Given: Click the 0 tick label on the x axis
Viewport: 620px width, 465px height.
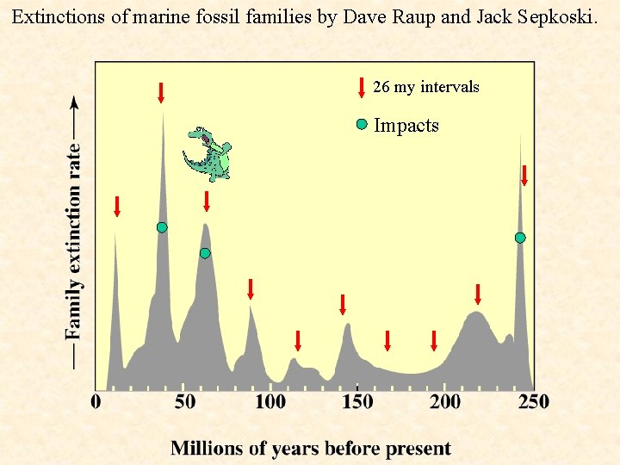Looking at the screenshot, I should point(96,402).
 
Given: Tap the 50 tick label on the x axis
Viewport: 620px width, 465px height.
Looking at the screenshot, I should point(184,402).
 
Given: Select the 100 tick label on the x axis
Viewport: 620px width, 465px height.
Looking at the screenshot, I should point(270,402).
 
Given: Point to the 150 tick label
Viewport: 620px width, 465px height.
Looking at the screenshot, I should point(357,402).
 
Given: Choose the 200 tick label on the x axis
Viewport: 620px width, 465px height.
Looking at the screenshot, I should point(445,402).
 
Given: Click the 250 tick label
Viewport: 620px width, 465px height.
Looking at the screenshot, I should point(532,402).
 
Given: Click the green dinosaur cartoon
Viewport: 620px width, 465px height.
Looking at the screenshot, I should point(208,154).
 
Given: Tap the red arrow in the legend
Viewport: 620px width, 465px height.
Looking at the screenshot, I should point(361,87).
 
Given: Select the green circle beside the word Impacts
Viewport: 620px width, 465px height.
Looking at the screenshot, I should point(362,125).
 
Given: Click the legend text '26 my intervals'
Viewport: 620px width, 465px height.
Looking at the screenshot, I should point(426,87).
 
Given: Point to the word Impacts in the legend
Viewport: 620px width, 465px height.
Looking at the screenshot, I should point(406,126).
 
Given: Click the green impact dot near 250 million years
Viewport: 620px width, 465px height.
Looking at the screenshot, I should point(520,238).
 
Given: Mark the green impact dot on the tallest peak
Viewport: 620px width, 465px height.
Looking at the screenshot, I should point(162,227).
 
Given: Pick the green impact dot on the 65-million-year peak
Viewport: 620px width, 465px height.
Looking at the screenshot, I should point(205,253).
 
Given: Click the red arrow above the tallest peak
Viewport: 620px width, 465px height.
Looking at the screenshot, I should point(161,92).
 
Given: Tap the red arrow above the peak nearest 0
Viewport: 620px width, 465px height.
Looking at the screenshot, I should point(117,206).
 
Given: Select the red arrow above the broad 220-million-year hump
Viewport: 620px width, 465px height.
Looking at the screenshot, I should point(478,294).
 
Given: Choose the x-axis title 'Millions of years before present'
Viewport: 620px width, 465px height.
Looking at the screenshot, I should point(311,448).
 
